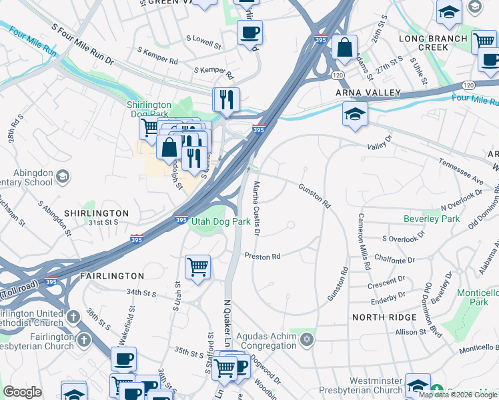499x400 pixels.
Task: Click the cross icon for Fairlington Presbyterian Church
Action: pyautogui.click(x=83, y=340)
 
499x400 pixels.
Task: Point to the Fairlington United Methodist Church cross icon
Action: pyautogui.click(x=73, y=317)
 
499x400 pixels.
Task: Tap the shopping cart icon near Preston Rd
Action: pyautogui.click(x=197, y=267)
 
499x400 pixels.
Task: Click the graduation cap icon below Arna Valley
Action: pyautogui.click(x=355, y=113)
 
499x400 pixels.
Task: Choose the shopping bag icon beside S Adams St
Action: pyautogui.click(x=344, y=47)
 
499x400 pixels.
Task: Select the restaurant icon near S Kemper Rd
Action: pyautogui.click(x=226, y=99)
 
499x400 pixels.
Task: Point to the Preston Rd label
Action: pyautogui.click(x=262, y=255)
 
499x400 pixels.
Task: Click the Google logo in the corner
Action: pyautogui.click(x=22, y=393)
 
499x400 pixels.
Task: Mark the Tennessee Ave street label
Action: pyautogui.click(x=460, y=171)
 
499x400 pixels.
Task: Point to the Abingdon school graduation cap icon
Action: pyautogui.click(x=63, y=176)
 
